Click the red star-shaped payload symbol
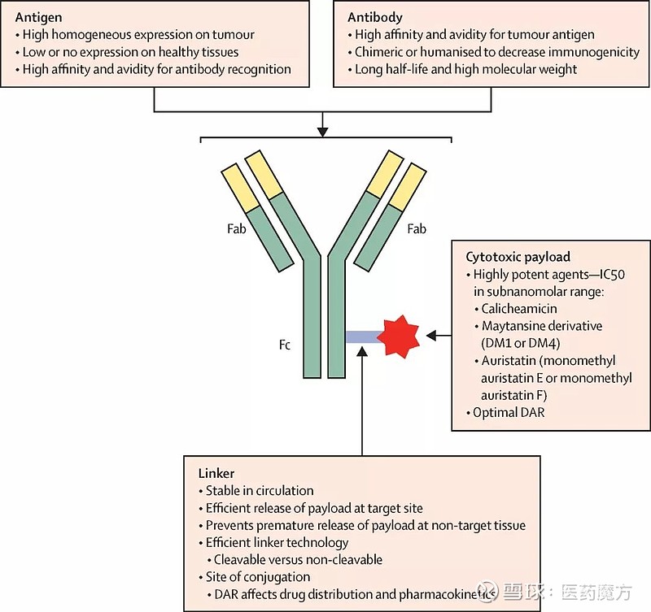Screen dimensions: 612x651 (398, 336)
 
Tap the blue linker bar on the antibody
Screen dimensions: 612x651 (360, 336)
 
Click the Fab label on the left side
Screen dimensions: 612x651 (237, 229)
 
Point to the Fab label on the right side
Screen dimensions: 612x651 (416, 229)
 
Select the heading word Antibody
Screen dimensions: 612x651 (375, 16)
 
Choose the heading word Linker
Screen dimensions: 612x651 (216, 473)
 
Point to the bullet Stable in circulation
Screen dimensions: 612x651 (260, 491)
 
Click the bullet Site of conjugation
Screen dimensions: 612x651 (258, 577)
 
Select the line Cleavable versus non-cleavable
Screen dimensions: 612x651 (298, 560)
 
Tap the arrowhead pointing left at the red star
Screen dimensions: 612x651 (434, 336)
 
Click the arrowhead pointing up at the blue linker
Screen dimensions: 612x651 (360, 358)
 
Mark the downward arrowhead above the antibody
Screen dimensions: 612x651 (322, 130)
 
